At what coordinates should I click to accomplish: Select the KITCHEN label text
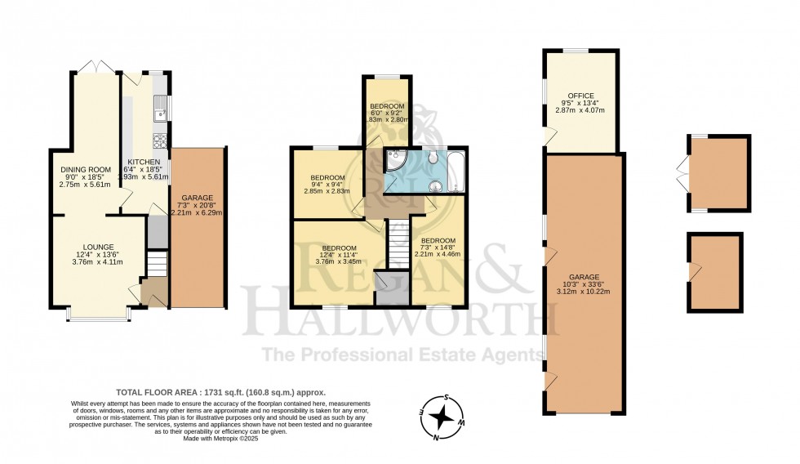click(144, 162)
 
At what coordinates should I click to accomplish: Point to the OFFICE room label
click(581, 96)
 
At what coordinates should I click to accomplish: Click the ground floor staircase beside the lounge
click(157, 265)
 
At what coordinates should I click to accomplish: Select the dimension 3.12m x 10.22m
click(584, 291)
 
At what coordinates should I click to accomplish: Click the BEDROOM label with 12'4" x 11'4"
click(338, 248)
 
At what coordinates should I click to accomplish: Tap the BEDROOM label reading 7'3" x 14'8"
click(438, 240)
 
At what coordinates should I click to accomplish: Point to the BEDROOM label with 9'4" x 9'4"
click(327, 178)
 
